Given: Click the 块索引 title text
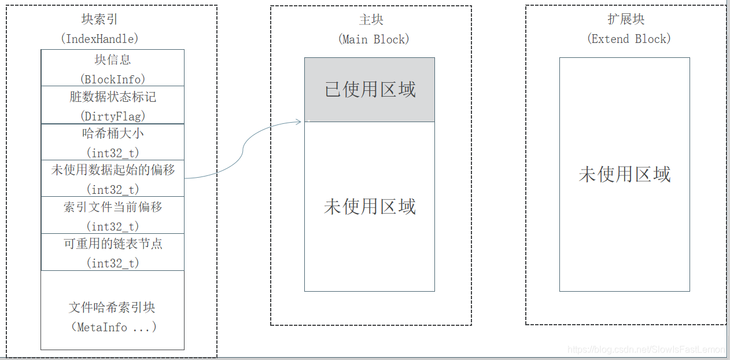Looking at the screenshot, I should [x=99, y=20].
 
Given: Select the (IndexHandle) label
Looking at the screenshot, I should [x=99, y=39].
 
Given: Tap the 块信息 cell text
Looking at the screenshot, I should [x=113, y=60].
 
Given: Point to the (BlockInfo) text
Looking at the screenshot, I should [x=113, y=79].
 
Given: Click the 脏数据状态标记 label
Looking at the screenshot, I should [x=113, y=97].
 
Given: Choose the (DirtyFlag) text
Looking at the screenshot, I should [x=113, y=116].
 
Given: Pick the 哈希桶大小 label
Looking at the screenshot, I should [x=113, y=134].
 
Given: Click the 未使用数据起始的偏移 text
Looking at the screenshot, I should [x=113, y=170].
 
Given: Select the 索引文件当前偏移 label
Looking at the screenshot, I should [x=113, y=207].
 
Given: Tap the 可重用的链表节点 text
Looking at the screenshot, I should [x=113, y=244].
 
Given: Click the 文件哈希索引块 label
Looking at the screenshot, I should [x=112, y=307].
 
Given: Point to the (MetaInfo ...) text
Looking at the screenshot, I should [x=113, y=327].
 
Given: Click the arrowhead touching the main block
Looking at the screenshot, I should [x=299, y=121].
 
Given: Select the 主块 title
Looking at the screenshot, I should [x=371, y=20].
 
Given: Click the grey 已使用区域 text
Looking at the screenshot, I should [x=370, y=90].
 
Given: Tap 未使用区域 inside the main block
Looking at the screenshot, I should [x=370, y=206].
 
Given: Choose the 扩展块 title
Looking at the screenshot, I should [x=626, y=20].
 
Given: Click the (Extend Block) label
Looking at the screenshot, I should [x=629, y=39].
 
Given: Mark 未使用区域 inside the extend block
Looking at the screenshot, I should [x=625, y=174].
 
